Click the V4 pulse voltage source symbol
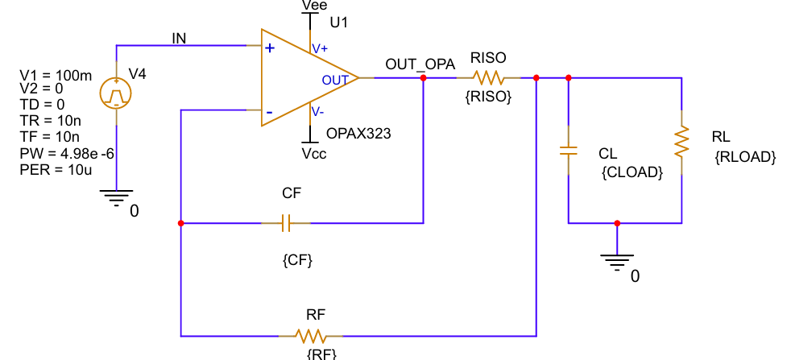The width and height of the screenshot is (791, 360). [x=116, y=94]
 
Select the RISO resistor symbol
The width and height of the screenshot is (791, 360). [x=488, y=78]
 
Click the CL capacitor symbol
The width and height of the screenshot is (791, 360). [x=569, y=150]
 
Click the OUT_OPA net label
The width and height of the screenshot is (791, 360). [x=420, y=64]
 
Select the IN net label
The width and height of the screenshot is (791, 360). [x=180, y=38]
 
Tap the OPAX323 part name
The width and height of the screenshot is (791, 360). [x=358, y=134]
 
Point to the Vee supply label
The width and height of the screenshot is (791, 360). [x=314, y=6]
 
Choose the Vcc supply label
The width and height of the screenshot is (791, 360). [x=314, y=153]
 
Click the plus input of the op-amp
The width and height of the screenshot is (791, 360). [x=269, y=48]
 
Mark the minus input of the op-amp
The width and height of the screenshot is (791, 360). [x=269, y=111]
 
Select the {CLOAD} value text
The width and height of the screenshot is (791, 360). [x=632, y=172]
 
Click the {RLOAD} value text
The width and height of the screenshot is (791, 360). [x=744, y=158]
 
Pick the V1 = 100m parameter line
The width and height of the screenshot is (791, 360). [x=56, y=76]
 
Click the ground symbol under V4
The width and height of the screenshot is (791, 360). [x=116, y=196]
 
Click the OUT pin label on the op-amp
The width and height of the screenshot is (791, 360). [x=335, y=80]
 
